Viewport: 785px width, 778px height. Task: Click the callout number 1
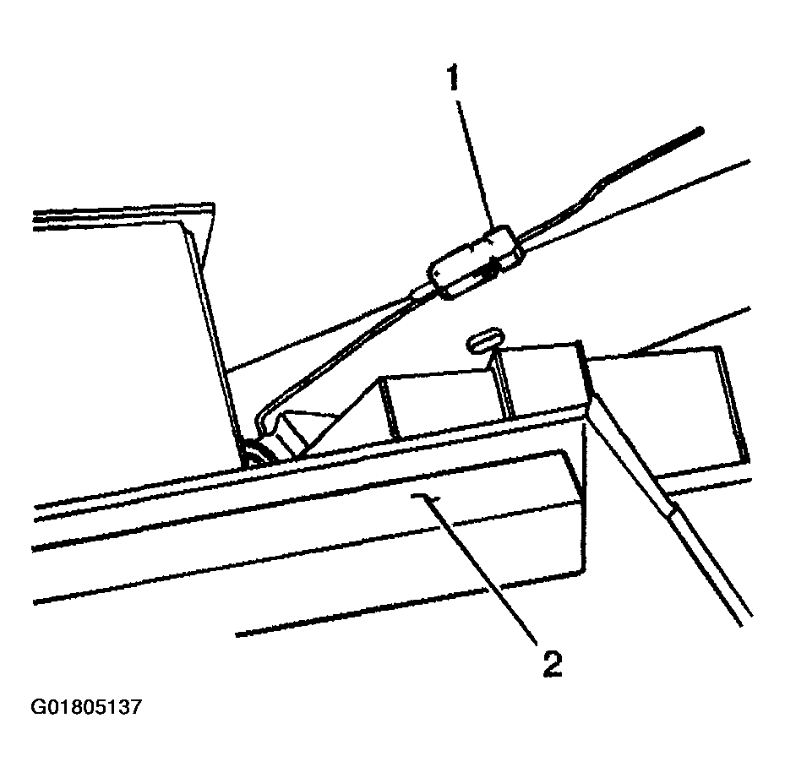coord(454,79)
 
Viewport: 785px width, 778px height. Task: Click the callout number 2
coord(551,664)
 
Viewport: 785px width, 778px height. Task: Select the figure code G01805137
coord(86,706)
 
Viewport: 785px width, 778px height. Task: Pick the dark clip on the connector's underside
coord(488,272)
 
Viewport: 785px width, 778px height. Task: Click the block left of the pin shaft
coord(439,401)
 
